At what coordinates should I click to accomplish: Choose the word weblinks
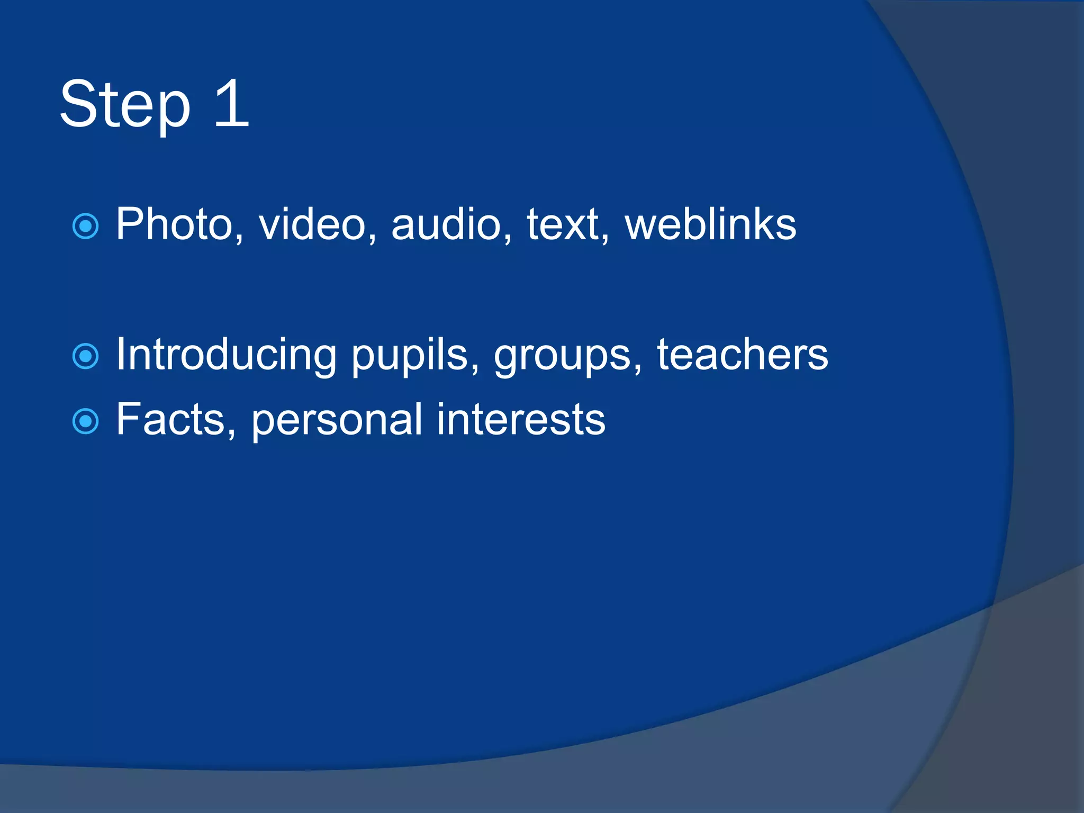click(x=710, y=224)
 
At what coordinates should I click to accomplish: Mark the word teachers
click(x=743, y=355)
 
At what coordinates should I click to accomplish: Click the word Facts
click(x=170, y=419)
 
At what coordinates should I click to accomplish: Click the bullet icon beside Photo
click(x=85, y=226)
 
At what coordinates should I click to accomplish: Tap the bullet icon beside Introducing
click(x=85, y=356)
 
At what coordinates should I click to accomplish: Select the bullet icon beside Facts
click(x=85, y=421)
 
